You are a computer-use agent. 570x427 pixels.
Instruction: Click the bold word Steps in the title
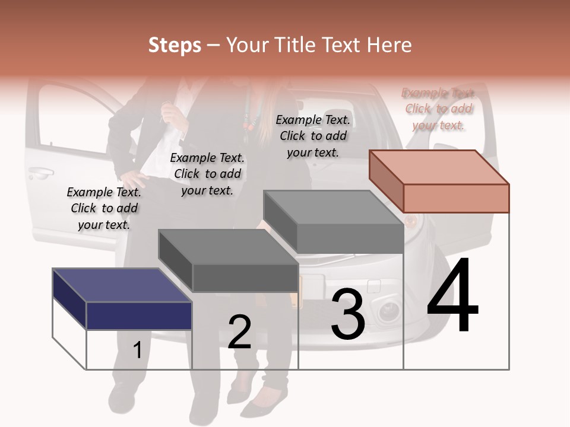click(175, 45)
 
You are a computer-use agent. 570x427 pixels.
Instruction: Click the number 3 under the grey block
click(347, 315)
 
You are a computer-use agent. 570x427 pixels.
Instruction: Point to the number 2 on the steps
click(240, 332)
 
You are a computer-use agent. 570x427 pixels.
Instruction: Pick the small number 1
click(137, 350)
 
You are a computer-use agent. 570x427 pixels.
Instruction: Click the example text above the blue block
click(104, 208)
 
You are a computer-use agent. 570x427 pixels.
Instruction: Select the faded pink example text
click(439, 109)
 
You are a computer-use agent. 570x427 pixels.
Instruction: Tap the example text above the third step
click(313, 136)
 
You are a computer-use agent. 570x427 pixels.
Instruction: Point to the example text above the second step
click(207, 174)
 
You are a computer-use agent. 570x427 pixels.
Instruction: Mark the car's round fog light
click(389, 310)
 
